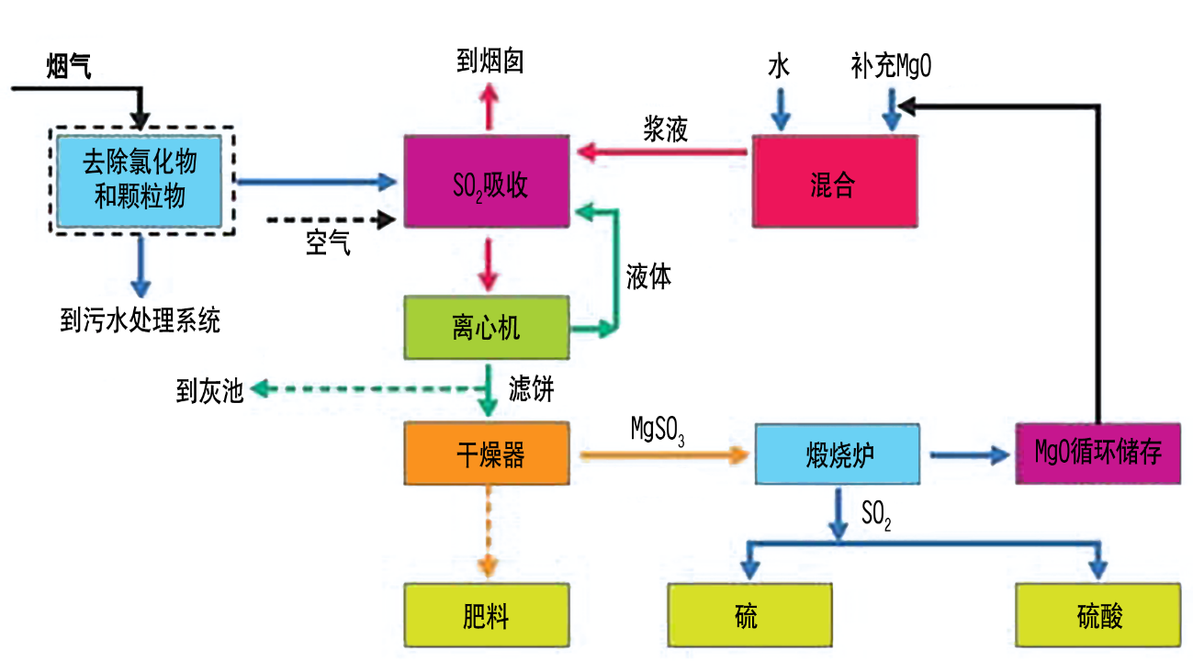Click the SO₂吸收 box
coord(488,182)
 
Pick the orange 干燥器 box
coord(488,454)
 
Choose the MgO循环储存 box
coord(1097,454)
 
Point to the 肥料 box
coord(488,615)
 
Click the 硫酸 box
coord(1097,615)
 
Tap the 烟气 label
coord(69,66)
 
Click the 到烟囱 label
coord(490,62)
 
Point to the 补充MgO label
coord(892,67)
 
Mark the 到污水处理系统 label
coord(141,320)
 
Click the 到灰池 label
coord(210,391)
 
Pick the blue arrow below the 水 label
coord(780,111)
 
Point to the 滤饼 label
coord(532,389)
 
